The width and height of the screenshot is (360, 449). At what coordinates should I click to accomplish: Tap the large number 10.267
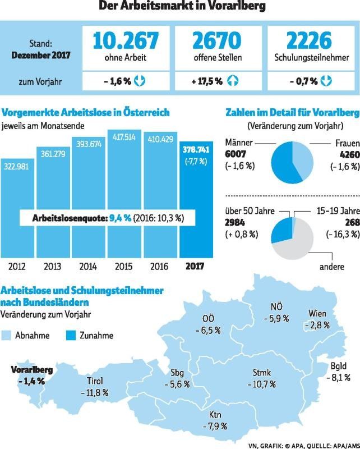click(x=126, y=40)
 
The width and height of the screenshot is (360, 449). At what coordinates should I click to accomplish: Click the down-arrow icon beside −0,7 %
click(x=326, y=81)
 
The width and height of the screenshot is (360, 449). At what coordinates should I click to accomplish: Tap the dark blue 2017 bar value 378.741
click(x=196, y=150)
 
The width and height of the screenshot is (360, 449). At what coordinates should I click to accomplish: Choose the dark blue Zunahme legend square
click(x=72, y=336)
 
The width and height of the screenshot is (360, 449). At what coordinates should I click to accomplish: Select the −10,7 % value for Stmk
click(x=261, y=384)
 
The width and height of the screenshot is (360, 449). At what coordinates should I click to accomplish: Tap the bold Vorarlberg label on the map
click(x=32, y=370)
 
